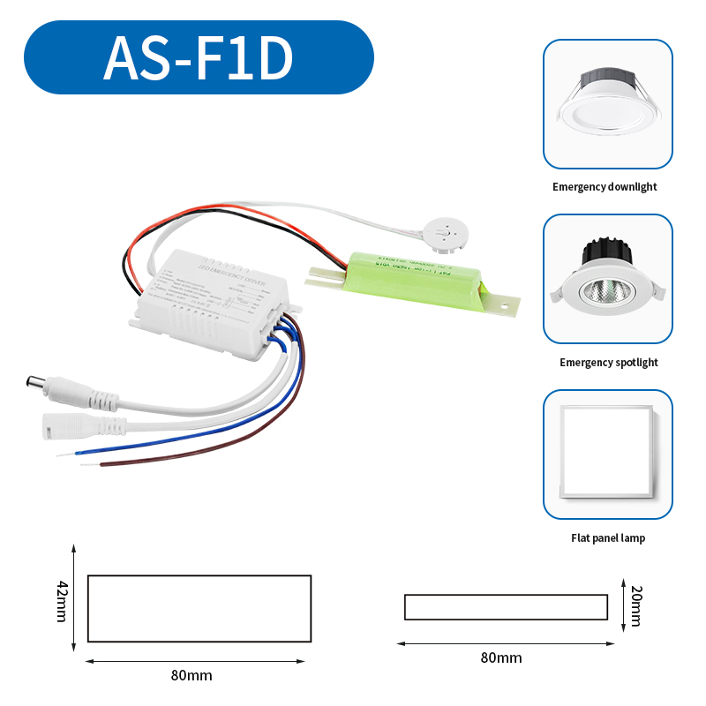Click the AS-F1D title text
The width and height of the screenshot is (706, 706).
point(198,58)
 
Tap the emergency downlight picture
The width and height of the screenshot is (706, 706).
point(607,104)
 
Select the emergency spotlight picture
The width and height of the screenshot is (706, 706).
point(607,279)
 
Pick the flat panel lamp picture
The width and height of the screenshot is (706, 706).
point(607,454)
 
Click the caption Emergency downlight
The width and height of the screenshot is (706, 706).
point(605,187)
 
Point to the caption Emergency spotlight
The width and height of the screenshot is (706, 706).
point(608,363)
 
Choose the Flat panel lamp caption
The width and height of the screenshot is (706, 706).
point(607,538)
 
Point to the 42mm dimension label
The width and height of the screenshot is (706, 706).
point(62,601)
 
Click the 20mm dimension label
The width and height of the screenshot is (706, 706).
point(634,608)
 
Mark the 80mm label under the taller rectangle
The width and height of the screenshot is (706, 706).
point(192,676)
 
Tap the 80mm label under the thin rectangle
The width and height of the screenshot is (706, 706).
point(501,657)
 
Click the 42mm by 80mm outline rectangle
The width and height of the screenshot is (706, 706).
point(199,608)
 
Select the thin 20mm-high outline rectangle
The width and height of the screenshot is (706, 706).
point(506,607)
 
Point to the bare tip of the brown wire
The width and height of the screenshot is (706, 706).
point(103,464)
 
